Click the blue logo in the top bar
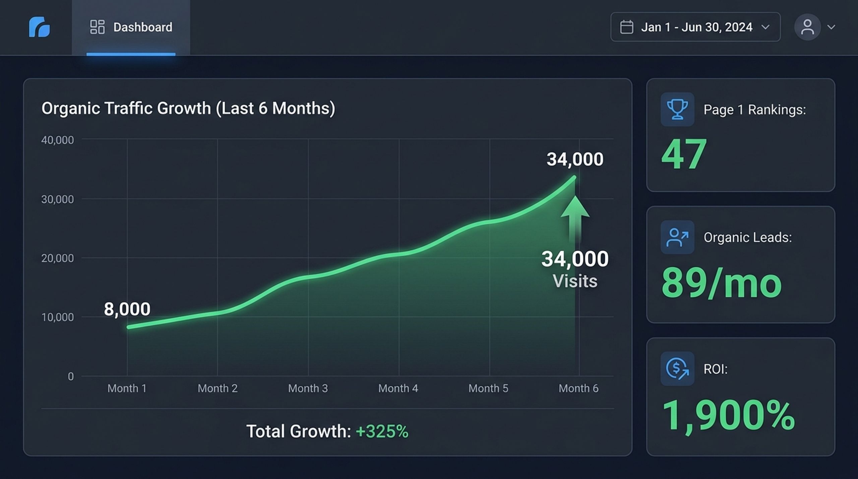39,27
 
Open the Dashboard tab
131,27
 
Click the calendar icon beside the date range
626,27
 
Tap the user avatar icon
807,27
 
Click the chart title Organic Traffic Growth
188,108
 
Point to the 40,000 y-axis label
57,140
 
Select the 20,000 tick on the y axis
57,258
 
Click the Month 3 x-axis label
308,388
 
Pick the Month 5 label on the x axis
488,388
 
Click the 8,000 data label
127,309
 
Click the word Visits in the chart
575,281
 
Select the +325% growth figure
382,431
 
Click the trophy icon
677,109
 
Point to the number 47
684,155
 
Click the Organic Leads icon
677,237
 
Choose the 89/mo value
722,283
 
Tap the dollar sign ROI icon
677,368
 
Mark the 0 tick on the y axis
71,376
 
